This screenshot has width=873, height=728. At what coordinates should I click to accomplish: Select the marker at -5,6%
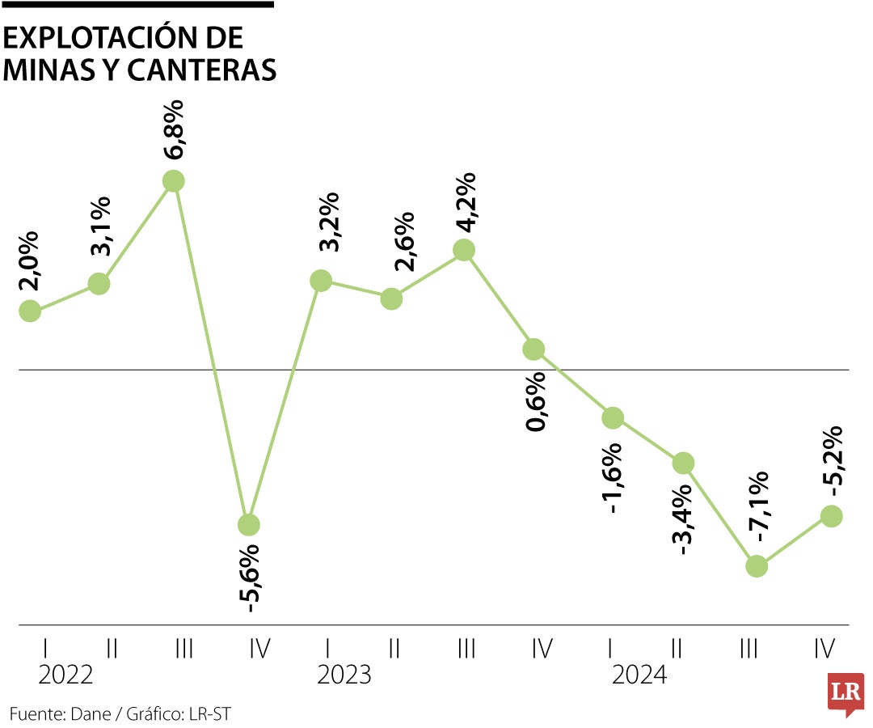[249, 524]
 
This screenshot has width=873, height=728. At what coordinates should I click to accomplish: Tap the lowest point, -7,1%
[756, 565]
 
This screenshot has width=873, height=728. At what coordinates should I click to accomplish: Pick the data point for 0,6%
[533, 349]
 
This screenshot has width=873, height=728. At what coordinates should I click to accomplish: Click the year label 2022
[65, 675]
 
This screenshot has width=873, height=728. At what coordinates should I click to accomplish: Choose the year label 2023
[344, 675]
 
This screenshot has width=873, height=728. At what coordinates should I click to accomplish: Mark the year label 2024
[639, 675]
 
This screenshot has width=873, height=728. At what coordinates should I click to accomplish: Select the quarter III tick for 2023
[466, 648]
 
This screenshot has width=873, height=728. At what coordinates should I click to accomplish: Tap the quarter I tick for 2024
[611, 648]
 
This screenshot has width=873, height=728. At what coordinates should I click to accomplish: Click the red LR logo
[846, 693]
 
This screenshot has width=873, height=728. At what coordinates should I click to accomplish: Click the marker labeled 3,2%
[321, 281]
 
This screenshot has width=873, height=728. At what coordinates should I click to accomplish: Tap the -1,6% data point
[613, 417]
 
